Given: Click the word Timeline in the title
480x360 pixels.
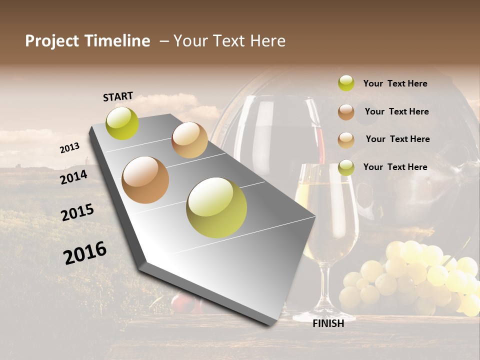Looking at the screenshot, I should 118,41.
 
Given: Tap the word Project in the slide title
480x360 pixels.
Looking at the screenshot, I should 52,41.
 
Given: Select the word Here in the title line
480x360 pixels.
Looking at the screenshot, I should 268,41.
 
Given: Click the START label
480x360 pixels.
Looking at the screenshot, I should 118,96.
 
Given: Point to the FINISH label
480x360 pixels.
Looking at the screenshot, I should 328,323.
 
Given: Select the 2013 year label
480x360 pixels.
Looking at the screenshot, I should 69,147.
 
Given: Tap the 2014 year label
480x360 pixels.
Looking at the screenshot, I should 73,176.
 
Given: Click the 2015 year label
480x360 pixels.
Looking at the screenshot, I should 77,212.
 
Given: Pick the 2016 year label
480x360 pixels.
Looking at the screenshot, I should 85,253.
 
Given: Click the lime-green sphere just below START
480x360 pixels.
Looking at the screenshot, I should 122,123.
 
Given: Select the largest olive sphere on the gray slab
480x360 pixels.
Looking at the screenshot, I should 216,207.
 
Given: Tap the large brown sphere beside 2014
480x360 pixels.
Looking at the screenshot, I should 145,180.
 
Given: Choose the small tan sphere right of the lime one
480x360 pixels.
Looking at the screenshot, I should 189,140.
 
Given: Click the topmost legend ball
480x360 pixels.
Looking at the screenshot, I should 346,83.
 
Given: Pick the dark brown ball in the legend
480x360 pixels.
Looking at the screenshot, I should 346,111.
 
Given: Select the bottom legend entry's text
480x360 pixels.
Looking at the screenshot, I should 395,167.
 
